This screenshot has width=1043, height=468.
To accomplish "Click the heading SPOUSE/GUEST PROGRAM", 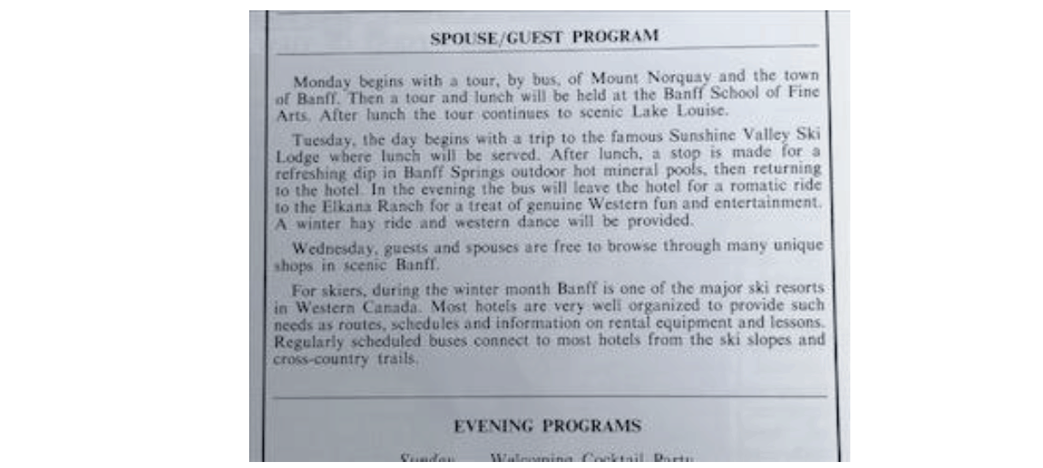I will point(545,38).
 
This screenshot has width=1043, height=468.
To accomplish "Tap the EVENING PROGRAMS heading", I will point(547,425).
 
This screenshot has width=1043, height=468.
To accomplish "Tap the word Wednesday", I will point(331,248).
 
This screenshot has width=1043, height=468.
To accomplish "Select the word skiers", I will point(352,291).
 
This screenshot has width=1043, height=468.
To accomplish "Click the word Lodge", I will point(295,156).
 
